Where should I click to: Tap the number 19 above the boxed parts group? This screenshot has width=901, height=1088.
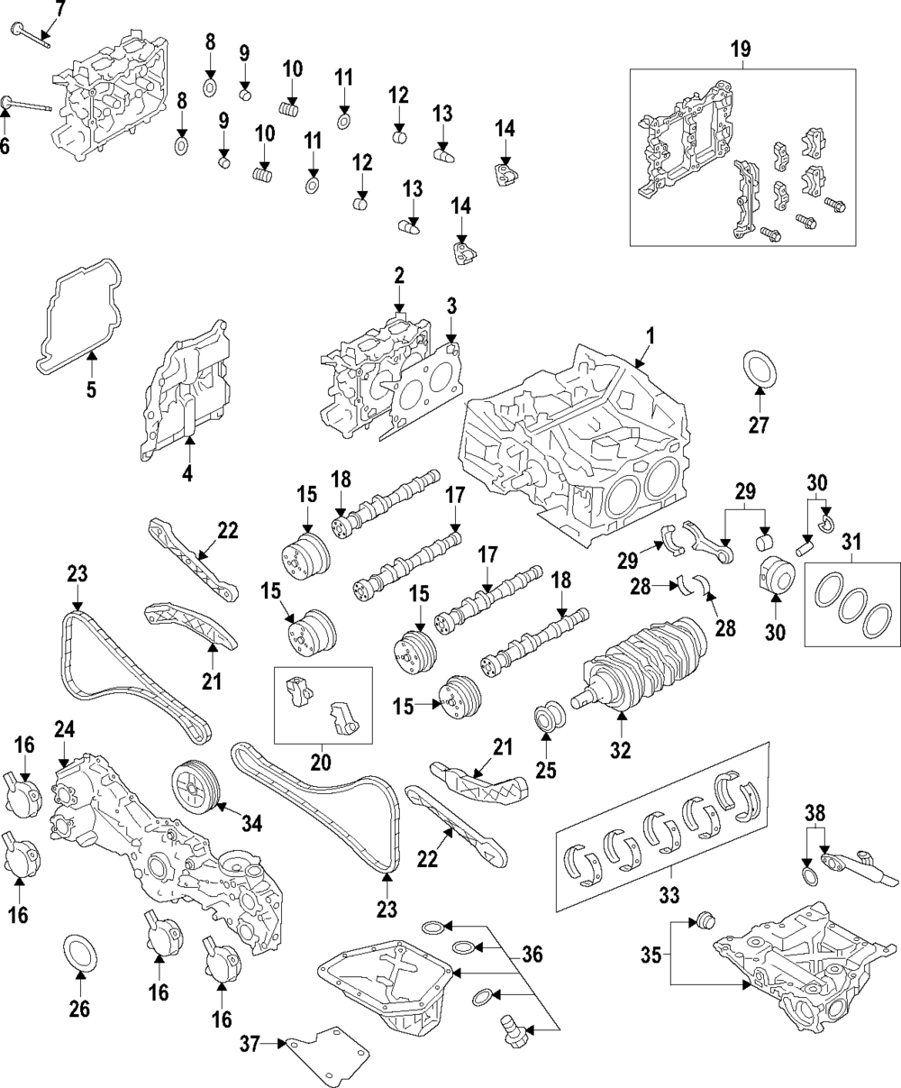pyautogui.click(x=740, y=50)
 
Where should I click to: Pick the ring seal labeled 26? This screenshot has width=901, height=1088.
pyautogui.click(x=79, y=955)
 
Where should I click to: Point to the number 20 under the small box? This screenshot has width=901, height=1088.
pyautogui.click(x=320, y=762)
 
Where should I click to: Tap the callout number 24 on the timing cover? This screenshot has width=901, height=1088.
pyautogui.click(x=64, y=727)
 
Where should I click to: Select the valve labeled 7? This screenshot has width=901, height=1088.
pyautogui.click(x=31, y=34)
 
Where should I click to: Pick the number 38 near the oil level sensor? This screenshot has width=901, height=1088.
pyautogui.click(x=813, y=811)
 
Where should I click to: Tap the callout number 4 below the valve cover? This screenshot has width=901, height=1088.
pyautogui.click(x=187, y=471)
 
